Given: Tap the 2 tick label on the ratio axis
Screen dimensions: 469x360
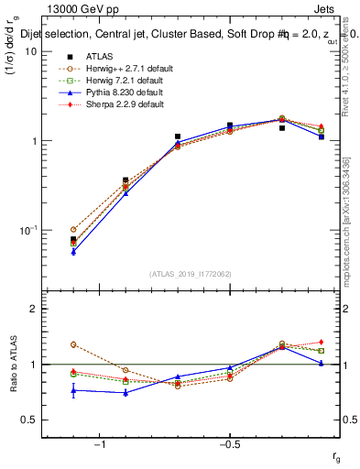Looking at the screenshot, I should pyautogui.click(x=33, y=310).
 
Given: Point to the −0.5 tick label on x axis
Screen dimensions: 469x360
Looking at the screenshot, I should pyautogui.click(x=229, y=445).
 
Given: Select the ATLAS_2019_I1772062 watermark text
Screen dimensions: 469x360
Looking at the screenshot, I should pyautogui.click(x=191, y=274).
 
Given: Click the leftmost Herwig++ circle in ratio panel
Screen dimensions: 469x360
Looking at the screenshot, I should pyautogui.click(x=73, y=344).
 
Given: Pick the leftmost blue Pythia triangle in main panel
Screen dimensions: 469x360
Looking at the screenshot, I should pyautogui.click(x=73, y=251).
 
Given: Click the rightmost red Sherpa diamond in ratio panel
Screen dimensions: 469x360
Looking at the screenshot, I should pyautogui.click(x=321, y=342).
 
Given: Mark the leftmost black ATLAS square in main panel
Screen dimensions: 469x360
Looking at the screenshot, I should pyautogui.click(x=73, y=239).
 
